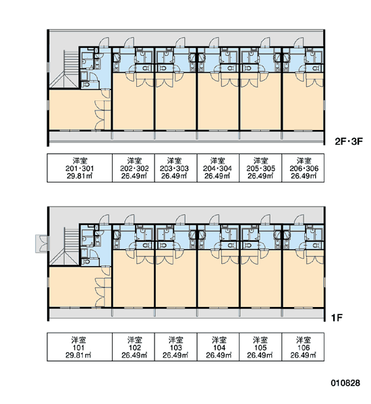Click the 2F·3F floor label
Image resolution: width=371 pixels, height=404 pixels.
(x=349, y=141)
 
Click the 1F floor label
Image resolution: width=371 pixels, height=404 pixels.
(x=337, y=318)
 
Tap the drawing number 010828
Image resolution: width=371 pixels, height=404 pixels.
(x=345, y=383)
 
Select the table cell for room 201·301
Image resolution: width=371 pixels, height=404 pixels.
(x=80, y=168)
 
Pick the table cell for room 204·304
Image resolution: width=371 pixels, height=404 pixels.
(x=218, y=168)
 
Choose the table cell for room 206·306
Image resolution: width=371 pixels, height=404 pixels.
(x=303, y=168)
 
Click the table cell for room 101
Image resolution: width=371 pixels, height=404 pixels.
(x=80, y=347)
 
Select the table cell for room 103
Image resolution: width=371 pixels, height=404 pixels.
(x=176, y=347)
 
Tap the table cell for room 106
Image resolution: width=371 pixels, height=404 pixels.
(x=303, y=347)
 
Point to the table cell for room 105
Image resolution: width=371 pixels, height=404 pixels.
(x=260, y=347)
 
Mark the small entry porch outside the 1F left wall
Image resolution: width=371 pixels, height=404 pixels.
(x=42, y=243)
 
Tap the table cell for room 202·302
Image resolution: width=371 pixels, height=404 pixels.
(x=134, y=168)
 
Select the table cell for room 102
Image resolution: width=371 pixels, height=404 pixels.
(x=134, y=347)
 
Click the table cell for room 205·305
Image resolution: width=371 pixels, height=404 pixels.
(x=260, y=168)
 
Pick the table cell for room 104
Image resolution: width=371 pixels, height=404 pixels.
(x=218, y=347)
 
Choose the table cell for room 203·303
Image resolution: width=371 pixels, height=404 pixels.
(x=176, y=168)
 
